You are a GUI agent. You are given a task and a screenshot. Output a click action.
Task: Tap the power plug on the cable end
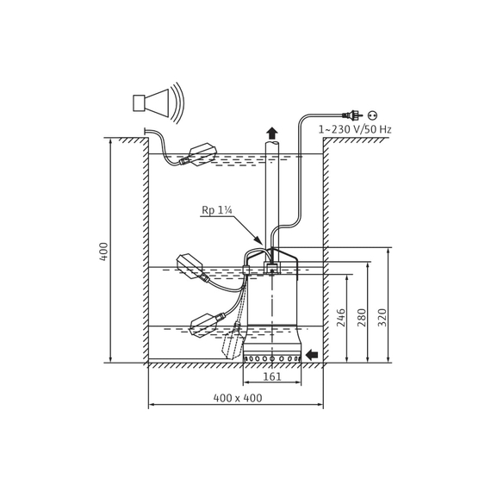(x=353, y=115)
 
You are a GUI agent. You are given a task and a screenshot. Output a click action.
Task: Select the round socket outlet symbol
(x=372, y=115)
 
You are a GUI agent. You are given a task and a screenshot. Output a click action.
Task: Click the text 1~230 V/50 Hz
(x=355, y=129)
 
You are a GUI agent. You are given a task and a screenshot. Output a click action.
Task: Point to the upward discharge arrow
(x=272, y=133)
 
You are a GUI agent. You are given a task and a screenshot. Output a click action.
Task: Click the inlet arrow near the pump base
(x=312, y=355)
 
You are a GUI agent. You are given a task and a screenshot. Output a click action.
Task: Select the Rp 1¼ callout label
(x=217, y=210)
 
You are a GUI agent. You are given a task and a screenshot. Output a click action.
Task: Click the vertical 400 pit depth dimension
(x=110, y=251)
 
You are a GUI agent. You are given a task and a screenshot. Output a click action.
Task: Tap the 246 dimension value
(x=341, y=318)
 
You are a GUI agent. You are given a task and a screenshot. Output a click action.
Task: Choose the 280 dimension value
(x=362, y=318)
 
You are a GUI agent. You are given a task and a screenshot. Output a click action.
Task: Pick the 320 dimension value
(x=382, y=318)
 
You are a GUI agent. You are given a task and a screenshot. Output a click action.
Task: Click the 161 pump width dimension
(x=272, y=376)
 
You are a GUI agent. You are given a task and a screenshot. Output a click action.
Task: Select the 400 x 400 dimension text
(x=238, y=398)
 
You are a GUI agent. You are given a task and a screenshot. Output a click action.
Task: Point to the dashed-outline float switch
(x=233, y=341)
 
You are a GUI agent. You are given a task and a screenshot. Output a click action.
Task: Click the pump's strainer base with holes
(x=272, y=358)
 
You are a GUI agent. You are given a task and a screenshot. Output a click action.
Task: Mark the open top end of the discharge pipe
(x=272, y=143)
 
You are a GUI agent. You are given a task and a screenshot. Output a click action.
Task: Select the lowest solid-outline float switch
(x=207, y=325)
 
